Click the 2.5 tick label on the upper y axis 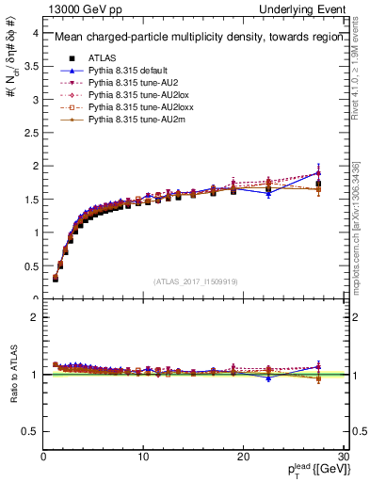tap(30, 132)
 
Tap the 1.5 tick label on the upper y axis tap(30, 199)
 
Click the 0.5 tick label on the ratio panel tap(30, 431)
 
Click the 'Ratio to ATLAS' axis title tap(11, 376)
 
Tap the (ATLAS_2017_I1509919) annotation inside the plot tap(195, 280)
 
